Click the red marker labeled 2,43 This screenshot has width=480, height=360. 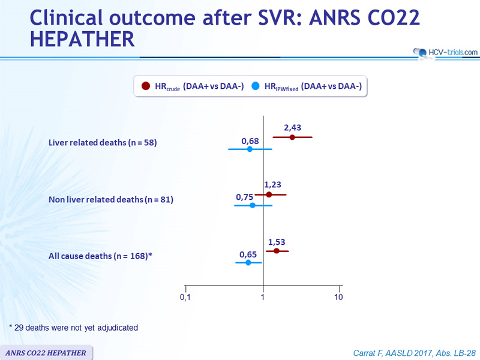click(x=292, y=137)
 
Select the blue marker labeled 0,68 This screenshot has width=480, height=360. click(x=250, y=149)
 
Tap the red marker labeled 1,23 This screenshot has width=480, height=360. click(x=269, y=194)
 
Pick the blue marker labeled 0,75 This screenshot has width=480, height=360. click(x=253, y=205)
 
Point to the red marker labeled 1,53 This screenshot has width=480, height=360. click(x=277, y=251)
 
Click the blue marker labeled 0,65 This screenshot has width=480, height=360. click(x=248, y=262)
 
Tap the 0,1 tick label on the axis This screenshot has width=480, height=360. click(x=185, y=297)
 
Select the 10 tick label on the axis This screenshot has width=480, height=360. click(x=338, y=297)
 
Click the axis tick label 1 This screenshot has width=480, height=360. click(x=263, y=297)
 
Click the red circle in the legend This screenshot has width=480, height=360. click(x=146, y=86)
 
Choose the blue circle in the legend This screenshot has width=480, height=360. click(x=256, y=86)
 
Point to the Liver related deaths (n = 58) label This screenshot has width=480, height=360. click(x=103, y=143)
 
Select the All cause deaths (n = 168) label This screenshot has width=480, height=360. click(x=100, y=256)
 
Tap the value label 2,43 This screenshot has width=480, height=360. click(x=293, y=128)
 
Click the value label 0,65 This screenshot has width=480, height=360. click(x=248, y=254)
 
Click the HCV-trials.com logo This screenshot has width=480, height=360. click(x=445, y=53)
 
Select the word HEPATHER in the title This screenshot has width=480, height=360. click(x=82, y=39)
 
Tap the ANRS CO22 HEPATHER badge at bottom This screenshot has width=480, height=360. click(x=46, y=353)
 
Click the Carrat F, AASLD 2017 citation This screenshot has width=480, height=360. click(x=415, y=353)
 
